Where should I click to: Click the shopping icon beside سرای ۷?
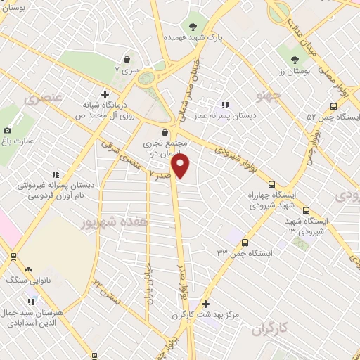click(x=127, y=60)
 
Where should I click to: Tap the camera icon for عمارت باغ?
click(x=8, y=130)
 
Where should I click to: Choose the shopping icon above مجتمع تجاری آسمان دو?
click(x=164, y=131)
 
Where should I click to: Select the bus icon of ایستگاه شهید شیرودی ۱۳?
click(x=305, y=210)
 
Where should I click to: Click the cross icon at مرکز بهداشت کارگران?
click(x=205, y=304)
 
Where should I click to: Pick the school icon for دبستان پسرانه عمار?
click(x=224, y=105)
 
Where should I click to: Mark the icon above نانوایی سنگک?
click(x=28, y=269)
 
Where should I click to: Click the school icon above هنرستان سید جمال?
click(x=30, y=301)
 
